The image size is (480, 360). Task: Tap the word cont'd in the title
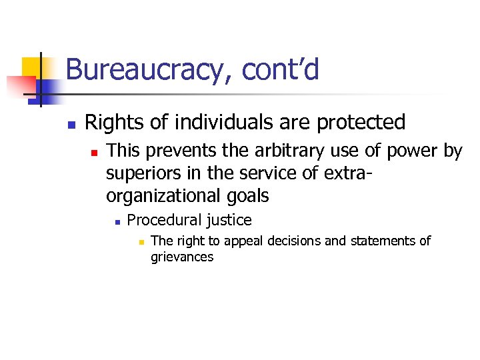tap(281, 69)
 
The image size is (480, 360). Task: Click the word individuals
tap(216, 122)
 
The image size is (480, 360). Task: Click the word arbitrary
tap(287, 151)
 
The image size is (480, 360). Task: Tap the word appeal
tap(245, 241)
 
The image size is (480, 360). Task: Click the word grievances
tap(182, 257)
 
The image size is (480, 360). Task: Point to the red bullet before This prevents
tap(95, 153)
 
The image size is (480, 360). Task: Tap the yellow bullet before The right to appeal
tap(141, 241)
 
